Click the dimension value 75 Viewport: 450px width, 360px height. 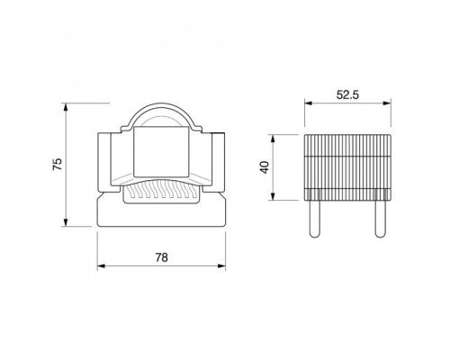point(58,164)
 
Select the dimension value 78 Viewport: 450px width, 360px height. point(161,257)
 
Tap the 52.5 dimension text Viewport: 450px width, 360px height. point(347,94)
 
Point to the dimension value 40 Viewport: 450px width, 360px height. point(265,167)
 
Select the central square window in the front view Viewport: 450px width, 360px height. point(161,152)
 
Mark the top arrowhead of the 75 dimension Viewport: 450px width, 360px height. point(66,107)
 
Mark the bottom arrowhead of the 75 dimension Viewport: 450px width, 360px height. point(66,222)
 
